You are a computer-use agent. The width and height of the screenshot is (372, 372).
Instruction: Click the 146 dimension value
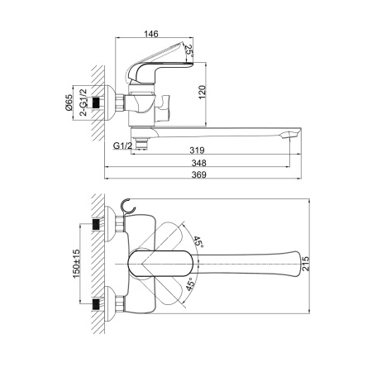(151, 34)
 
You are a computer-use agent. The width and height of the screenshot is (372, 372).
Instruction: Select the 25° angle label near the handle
(188, 50)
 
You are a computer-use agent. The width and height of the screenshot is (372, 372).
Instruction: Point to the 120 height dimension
(202, 93)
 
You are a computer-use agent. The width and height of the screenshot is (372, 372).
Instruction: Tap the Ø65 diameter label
(69, 103)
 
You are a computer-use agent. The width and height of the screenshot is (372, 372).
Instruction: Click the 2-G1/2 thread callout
(83, 103)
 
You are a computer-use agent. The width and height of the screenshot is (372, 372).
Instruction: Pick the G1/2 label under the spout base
(122, 145)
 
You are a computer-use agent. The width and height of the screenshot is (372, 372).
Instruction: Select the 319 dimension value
(197, 150)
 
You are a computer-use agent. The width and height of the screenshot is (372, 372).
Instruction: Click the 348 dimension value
(198, 163)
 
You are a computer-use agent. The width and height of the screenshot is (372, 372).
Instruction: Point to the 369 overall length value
(198, 174)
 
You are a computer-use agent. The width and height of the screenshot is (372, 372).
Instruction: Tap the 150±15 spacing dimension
(76, 264)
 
